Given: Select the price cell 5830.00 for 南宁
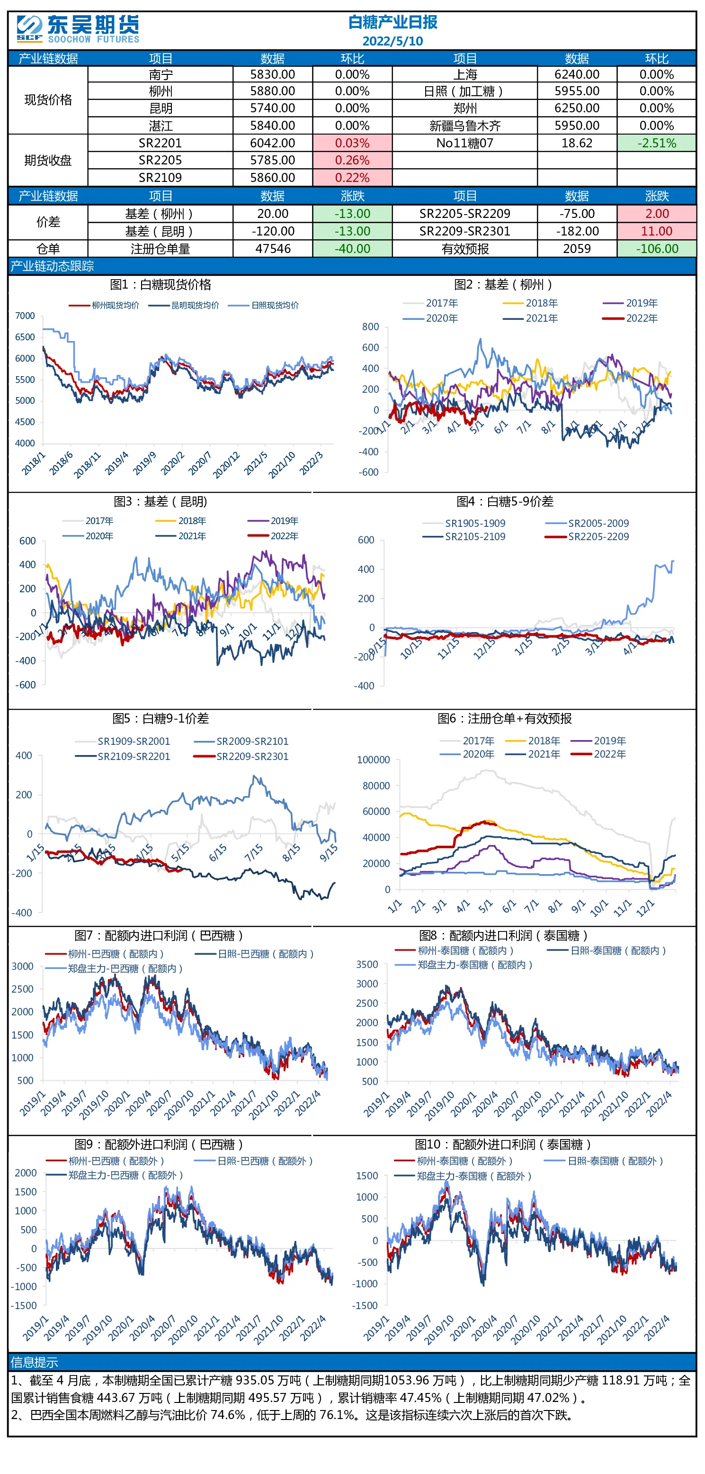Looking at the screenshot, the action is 273,74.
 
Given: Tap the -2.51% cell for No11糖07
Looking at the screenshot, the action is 656,143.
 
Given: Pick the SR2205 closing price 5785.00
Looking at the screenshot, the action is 273,160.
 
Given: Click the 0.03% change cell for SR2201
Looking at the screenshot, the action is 352,143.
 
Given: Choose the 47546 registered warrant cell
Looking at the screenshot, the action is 273,248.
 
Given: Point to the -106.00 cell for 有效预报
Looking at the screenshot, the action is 656,248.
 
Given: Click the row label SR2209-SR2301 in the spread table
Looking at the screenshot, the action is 464,231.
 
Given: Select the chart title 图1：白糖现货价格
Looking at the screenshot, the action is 161,284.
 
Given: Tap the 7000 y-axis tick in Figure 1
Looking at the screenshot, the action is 25,316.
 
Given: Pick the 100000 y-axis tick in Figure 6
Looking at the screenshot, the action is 374,760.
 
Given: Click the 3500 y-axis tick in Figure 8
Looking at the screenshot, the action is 367,964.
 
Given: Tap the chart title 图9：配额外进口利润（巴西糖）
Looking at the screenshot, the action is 160,1144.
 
